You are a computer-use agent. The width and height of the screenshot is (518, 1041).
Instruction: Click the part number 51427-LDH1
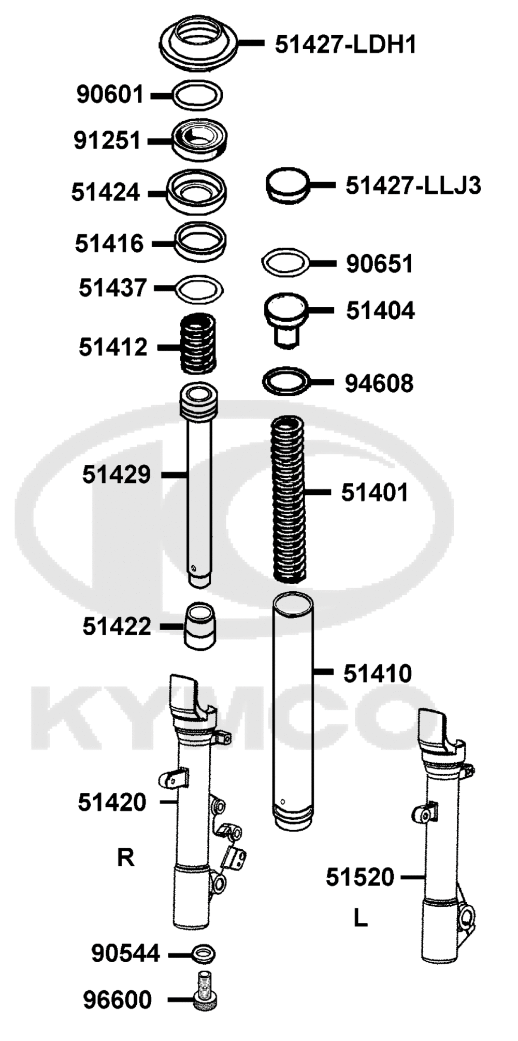coord(346,45)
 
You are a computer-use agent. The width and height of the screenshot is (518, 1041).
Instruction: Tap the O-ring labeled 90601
coord(197,87)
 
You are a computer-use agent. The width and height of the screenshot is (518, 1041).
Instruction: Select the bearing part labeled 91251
coord(199,140)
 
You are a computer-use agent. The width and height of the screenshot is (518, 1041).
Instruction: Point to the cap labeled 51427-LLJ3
coord(287,185)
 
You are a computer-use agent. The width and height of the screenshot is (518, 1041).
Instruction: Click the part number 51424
coord(106,192)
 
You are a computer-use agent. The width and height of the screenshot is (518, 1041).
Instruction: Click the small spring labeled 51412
coord(198,344)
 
